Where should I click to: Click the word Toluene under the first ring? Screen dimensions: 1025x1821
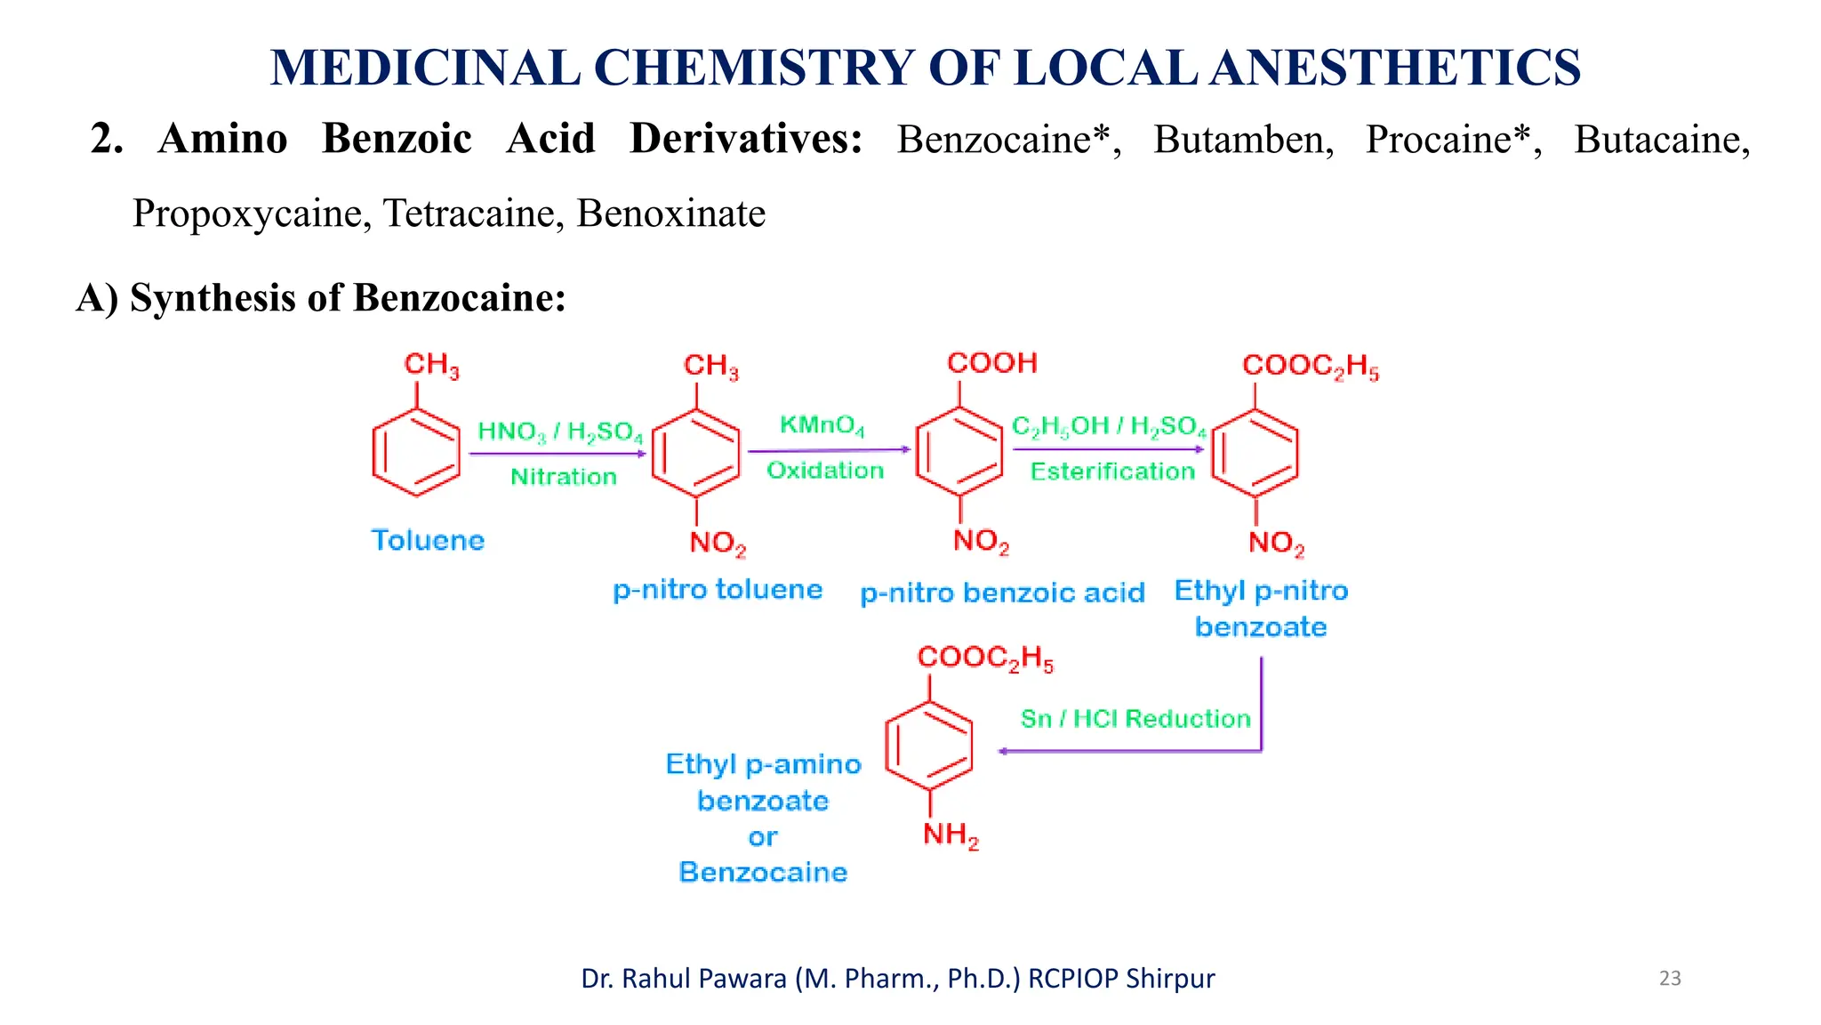[x=428, y=540]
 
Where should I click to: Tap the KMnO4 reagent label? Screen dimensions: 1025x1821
[x=822, y=425]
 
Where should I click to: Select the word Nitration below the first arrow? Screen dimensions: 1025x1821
[x=563, y=477]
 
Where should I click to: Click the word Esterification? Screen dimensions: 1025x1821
[x=1112, y=472]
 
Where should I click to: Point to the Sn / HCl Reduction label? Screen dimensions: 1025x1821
[x=1135, y=719]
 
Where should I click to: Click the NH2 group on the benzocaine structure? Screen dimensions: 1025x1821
[x=951, y=835]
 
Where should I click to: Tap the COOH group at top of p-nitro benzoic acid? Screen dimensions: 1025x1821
[x=992, y=363]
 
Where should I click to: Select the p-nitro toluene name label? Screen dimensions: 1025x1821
[x=718, y=590]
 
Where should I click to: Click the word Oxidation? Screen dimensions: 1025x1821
[x=825, y=471]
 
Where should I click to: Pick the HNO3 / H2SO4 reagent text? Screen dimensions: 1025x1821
[x=560, y=432]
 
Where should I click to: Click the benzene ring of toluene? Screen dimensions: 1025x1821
[x=416, y=452]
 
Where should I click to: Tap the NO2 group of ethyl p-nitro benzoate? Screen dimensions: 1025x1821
[x=1276, y=543]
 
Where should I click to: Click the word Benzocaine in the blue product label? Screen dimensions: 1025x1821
[x=763, y=872]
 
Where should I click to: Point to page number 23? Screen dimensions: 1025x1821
[x=1670, y=978]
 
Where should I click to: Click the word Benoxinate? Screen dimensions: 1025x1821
[x=670, y=214]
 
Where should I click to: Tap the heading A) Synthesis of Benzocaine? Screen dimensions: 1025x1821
[x=321, y=297]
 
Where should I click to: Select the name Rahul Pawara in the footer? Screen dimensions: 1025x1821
[x=704, y=978]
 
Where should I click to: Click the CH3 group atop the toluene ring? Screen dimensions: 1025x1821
[x=431, y=365]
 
